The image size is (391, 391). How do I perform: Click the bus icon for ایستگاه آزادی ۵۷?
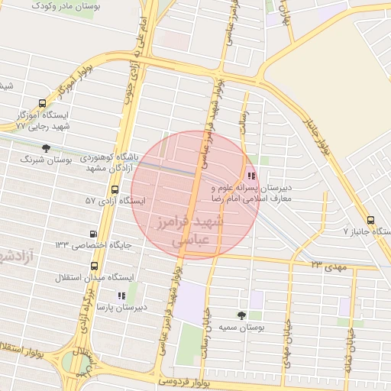tap(115, 189)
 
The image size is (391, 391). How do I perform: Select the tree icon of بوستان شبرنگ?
tap(47, 148)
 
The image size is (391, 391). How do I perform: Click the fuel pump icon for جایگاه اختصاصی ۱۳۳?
tap(94, 234)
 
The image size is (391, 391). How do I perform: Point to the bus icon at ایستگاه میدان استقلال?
tap(94, 266)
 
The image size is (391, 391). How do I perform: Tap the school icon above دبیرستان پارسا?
tap(121, 295)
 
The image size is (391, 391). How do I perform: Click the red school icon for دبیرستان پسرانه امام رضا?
tap(252, 174)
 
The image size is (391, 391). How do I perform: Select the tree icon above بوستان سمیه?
tap(242, 315)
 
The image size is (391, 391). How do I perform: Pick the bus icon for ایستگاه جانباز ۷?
tap(370, 218)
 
